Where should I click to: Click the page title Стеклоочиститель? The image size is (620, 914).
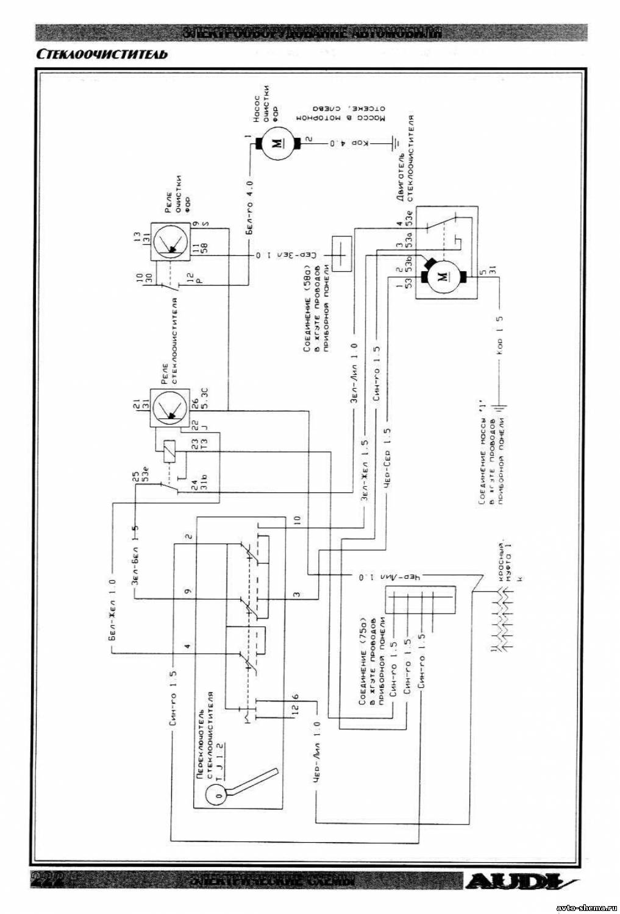tap(101, 53)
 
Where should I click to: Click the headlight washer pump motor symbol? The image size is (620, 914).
tap(277, 143)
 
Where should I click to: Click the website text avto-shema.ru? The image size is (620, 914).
tap(583, 906)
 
